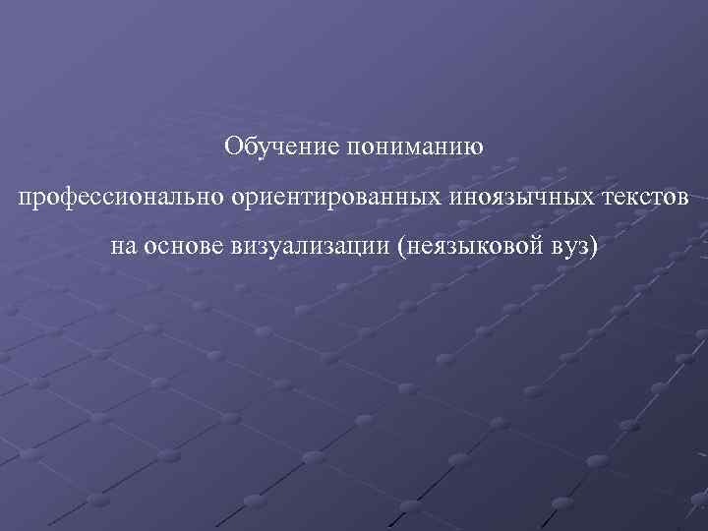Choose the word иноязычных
519,197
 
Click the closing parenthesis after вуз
593,247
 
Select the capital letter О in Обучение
232,147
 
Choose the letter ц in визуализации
357,247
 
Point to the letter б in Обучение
247,147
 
